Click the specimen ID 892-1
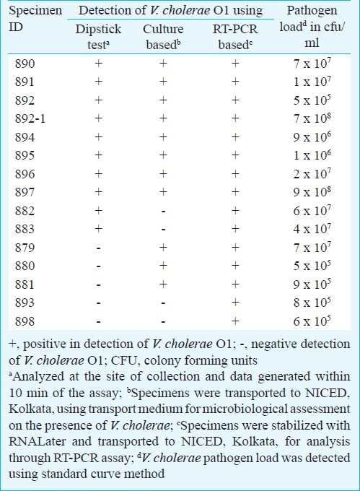pyautogui.click(x=30, y=118)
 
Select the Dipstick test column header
pyautogui.click(x=98, y=37)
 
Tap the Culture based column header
pyautogui.click(x=163, y=37)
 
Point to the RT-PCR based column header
pyautogui.click(x=235, y=37)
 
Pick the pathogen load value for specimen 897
pyautogui.click(x=312, y=191)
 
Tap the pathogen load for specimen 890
pyautogui.click(x=312, y=63)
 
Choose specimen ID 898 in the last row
pyautogui.click(x=25, y=321)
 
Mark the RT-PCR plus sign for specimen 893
pyautogui.click(x=235, y=303)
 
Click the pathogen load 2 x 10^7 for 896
pyautogui.click(x=312, y=173)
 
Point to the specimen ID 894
pyautogui.click(x=25, y=137)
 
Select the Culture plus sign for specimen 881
pyautogui.click(x=163, y=284)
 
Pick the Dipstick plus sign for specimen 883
pyautogui.click(x=99, y=229)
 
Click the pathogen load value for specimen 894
pyautogui.click(x=312, y=136)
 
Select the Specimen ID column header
pyautogui.click(x=35, y=19)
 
